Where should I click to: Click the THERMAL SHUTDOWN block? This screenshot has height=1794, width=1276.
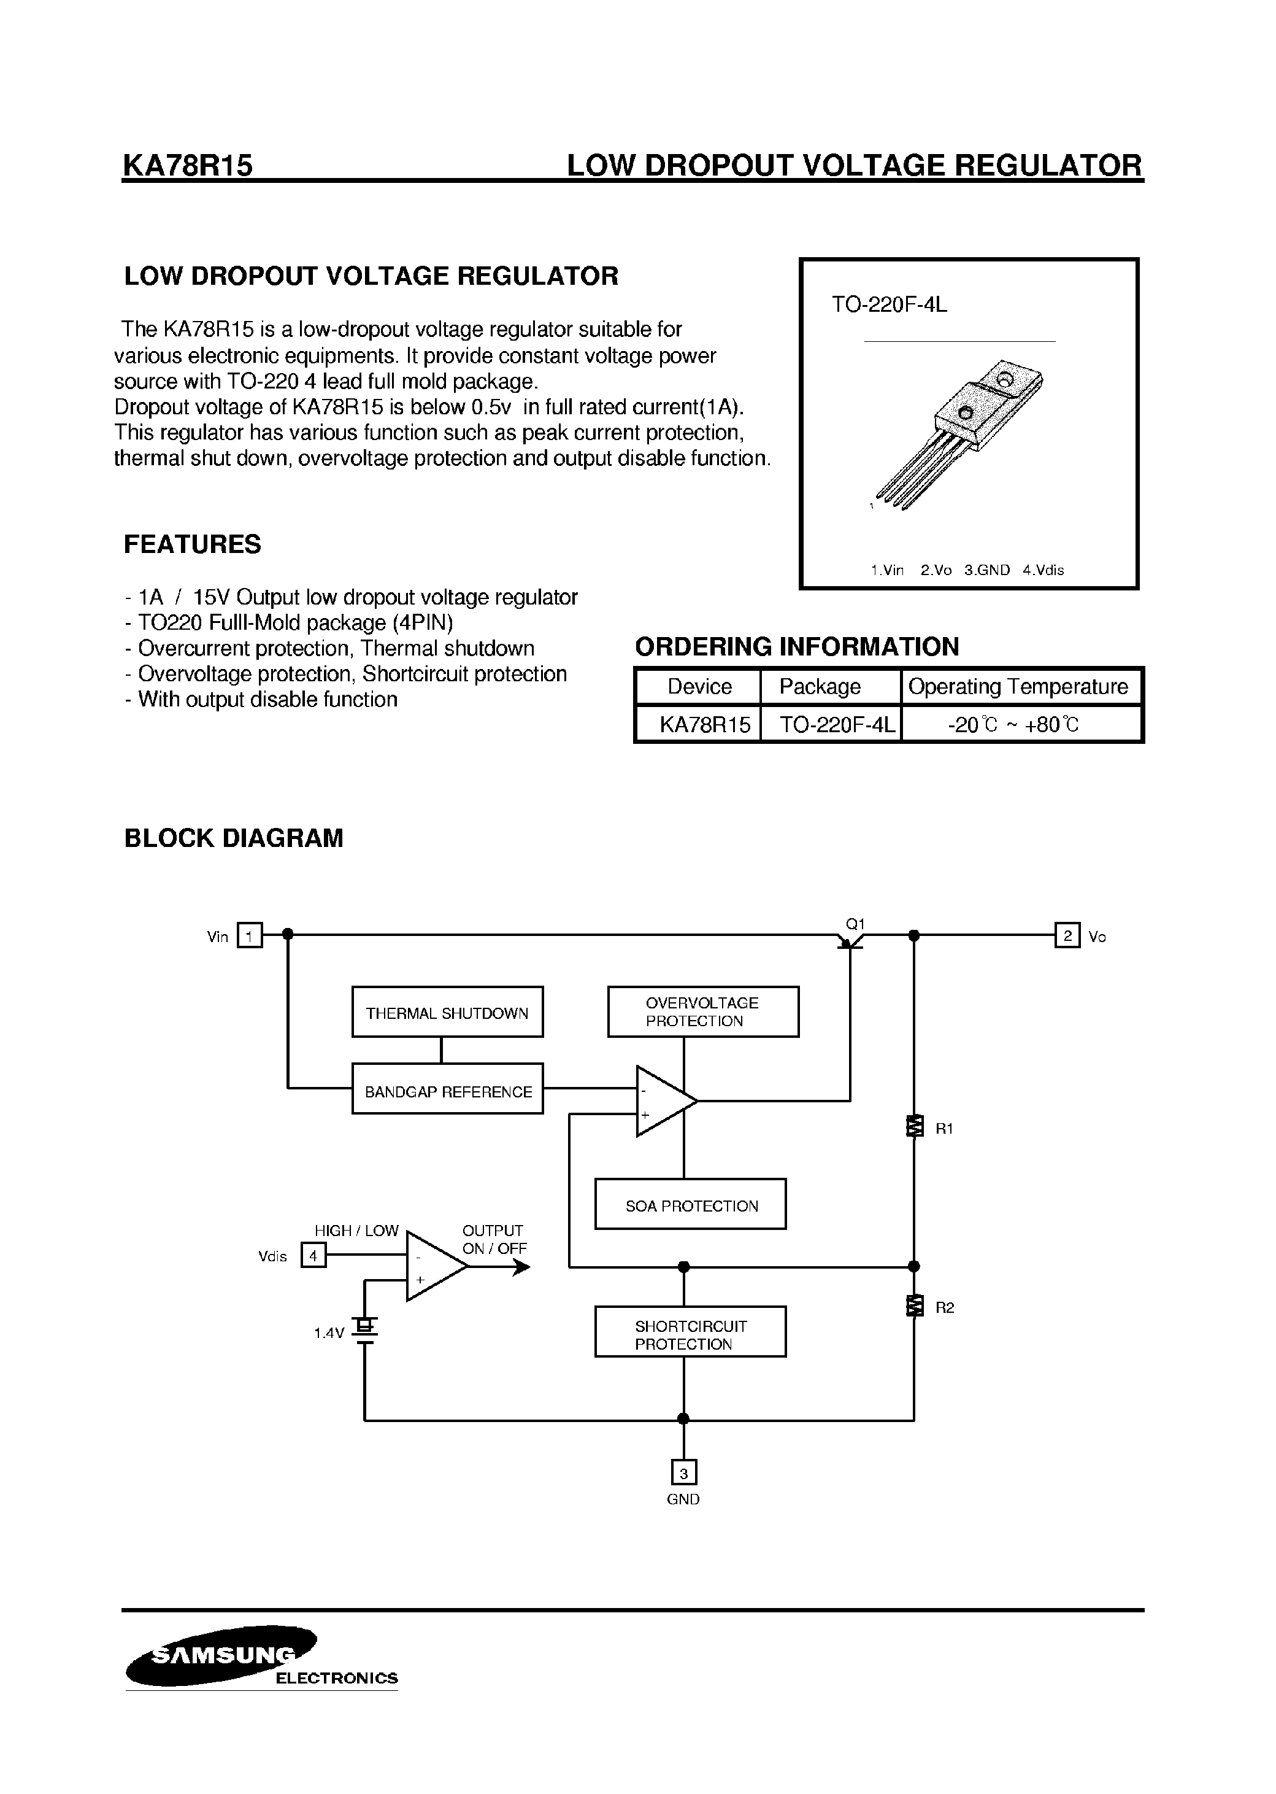(x=447, y=1013)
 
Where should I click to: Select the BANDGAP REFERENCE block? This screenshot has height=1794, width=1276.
(x=447, y=1091)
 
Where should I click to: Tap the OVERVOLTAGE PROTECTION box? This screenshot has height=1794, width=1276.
(x=702, y=1012)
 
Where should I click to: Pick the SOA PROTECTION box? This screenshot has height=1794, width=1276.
(x=690, y=1205)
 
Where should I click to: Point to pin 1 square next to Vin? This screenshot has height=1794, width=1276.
(x=250, y=935)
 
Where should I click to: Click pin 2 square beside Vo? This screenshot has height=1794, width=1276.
(x=1067, y=935)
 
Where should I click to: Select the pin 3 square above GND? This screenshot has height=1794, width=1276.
(x=683, y=1472)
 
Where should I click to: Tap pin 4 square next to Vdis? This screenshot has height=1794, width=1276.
(x=313, y=1256)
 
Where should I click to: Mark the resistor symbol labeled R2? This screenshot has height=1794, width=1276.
(x=914, y=1306)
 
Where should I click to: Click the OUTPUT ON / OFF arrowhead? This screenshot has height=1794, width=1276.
(x=521, y=1267)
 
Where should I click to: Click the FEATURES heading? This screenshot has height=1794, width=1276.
(x=193, y=544)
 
